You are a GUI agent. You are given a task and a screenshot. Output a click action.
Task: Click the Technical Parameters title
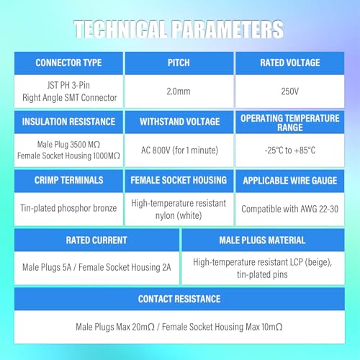[179, 30]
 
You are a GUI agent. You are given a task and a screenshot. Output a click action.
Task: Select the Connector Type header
[68, 63]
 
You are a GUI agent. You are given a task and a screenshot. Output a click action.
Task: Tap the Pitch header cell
[179, 63]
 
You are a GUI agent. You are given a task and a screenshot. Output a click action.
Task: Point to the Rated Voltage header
[290, 63]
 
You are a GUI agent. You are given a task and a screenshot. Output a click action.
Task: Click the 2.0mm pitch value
[179, 91]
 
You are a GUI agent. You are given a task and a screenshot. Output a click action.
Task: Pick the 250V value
[290, 91]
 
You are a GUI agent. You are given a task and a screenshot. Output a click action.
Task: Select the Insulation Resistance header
[68, 122]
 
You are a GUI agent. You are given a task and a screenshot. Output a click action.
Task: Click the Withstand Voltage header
[179, 122]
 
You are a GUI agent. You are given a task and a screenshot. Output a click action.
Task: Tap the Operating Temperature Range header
[290, 122]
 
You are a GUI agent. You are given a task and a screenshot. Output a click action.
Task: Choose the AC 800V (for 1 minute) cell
[179, 150]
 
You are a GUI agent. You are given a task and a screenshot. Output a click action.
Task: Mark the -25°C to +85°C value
[290, 150]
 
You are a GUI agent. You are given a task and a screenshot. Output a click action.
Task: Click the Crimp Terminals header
[68, 180]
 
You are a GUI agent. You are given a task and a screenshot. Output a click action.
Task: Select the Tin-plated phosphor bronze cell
[68, 208]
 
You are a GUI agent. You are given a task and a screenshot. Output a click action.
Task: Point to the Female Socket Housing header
[179, 180]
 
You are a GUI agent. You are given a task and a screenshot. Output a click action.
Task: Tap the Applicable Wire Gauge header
[290, 181]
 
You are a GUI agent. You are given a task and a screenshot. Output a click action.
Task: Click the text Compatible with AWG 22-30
[290, 209]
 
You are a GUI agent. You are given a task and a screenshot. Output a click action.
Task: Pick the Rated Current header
[96, 240]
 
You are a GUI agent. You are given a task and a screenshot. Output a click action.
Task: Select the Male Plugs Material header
[263, 240]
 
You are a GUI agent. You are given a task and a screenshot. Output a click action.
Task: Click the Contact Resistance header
[179, 299]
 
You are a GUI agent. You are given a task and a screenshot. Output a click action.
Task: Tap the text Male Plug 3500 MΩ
[68, 145]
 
